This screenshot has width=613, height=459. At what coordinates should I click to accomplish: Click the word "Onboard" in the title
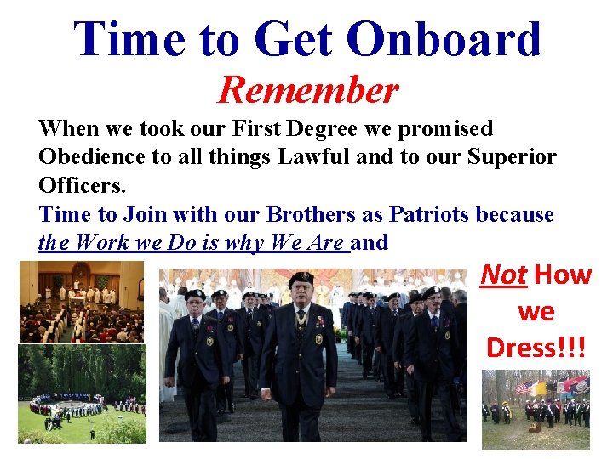445,39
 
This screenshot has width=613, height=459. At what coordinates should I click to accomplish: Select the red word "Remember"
307,89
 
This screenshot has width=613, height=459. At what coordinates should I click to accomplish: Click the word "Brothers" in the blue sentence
274,214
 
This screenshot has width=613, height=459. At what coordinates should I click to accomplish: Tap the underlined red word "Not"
503,275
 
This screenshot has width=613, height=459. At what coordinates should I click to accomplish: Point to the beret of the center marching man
301,279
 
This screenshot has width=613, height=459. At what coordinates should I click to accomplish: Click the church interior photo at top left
82,301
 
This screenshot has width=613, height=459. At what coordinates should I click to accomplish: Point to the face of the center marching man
301,296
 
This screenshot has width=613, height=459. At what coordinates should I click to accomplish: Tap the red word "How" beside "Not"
563,275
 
